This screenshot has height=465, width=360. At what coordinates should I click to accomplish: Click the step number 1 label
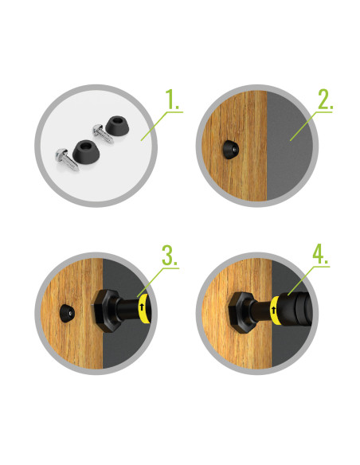[x=172, y=99]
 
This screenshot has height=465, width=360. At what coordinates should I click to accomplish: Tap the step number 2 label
[x=325, y=99]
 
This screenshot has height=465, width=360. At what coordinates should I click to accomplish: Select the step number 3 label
[x=170, y=255]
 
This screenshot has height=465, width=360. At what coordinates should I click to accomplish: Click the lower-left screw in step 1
[x=67, y=159]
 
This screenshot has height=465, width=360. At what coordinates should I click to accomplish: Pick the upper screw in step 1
[x=103, y=134]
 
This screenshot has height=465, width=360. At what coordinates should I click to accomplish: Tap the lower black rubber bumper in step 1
[x=86, y=150]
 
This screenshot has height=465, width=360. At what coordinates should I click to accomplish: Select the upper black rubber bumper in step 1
[x=117, y=126]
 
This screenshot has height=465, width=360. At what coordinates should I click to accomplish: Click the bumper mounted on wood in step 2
[x=230, y=150]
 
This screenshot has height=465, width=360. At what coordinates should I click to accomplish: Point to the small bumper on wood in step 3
[x=67, y=314]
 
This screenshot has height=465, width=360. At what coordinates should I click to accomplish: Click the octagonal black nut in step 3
[x=105, y=311]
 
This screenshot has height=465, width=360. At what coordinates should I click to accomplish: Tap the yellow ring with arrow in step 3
[x=144, y=309]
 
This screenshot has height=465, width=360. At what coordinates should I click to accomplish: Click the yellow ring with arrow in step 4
[x=276, y=311]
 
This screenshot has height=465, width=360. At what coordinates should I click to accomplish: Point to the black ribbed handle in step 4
[x=296, y=309]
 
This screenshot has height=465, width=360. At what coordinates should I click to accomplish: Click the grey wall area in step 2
[x=289, y=145]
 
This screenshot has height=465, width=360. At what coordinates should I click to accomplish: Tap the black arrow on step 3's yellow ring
[x=142, y=307]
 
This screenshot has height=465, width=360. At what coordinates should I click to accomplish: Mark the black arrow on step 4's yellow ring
[x=273, y=311]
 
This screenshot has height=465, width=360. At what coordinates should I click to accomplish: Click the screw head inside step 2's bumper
[x=235, y=150]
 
